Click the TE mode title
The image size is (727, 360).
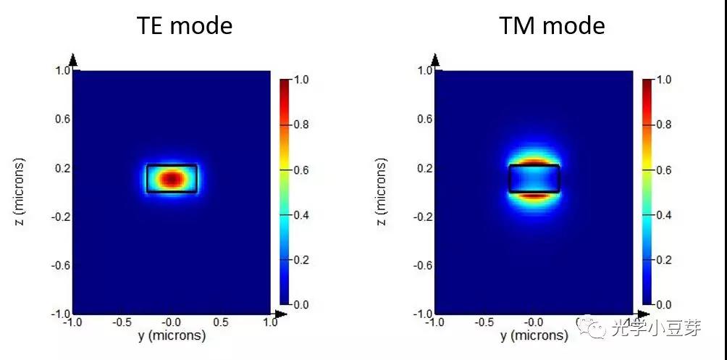click(x=185, y=26)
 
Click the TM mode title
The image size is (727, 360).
click(x=552, y=26)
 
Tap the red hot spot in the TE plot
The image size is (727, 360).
click(x=171, y=178)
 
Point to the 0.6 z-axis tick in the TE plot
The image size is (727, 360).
click(x=62, y=119)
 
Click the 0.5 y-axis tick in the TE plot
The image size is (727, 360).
click(x=222, y=322)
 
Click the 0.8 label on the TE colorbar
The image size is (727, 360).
click(x=300, y=125)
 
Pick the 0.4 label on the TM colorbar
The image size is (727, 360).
click(x=662, y=215)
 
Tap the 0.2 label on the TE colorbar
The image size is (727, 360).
click(x=300, y=260)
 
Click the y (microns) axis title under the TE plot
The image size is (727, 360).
click(x=172, y=335)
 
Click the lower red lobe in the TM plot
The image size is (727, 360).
click(x=534, y=195)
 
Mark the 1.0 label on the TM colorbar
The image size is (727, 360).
click(x=662, y=80)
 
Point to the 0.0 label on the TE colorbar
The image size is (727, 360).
click(x=300, y=305)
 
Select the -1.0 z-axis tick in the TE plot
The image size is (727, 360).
click(x=61, y=314)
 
